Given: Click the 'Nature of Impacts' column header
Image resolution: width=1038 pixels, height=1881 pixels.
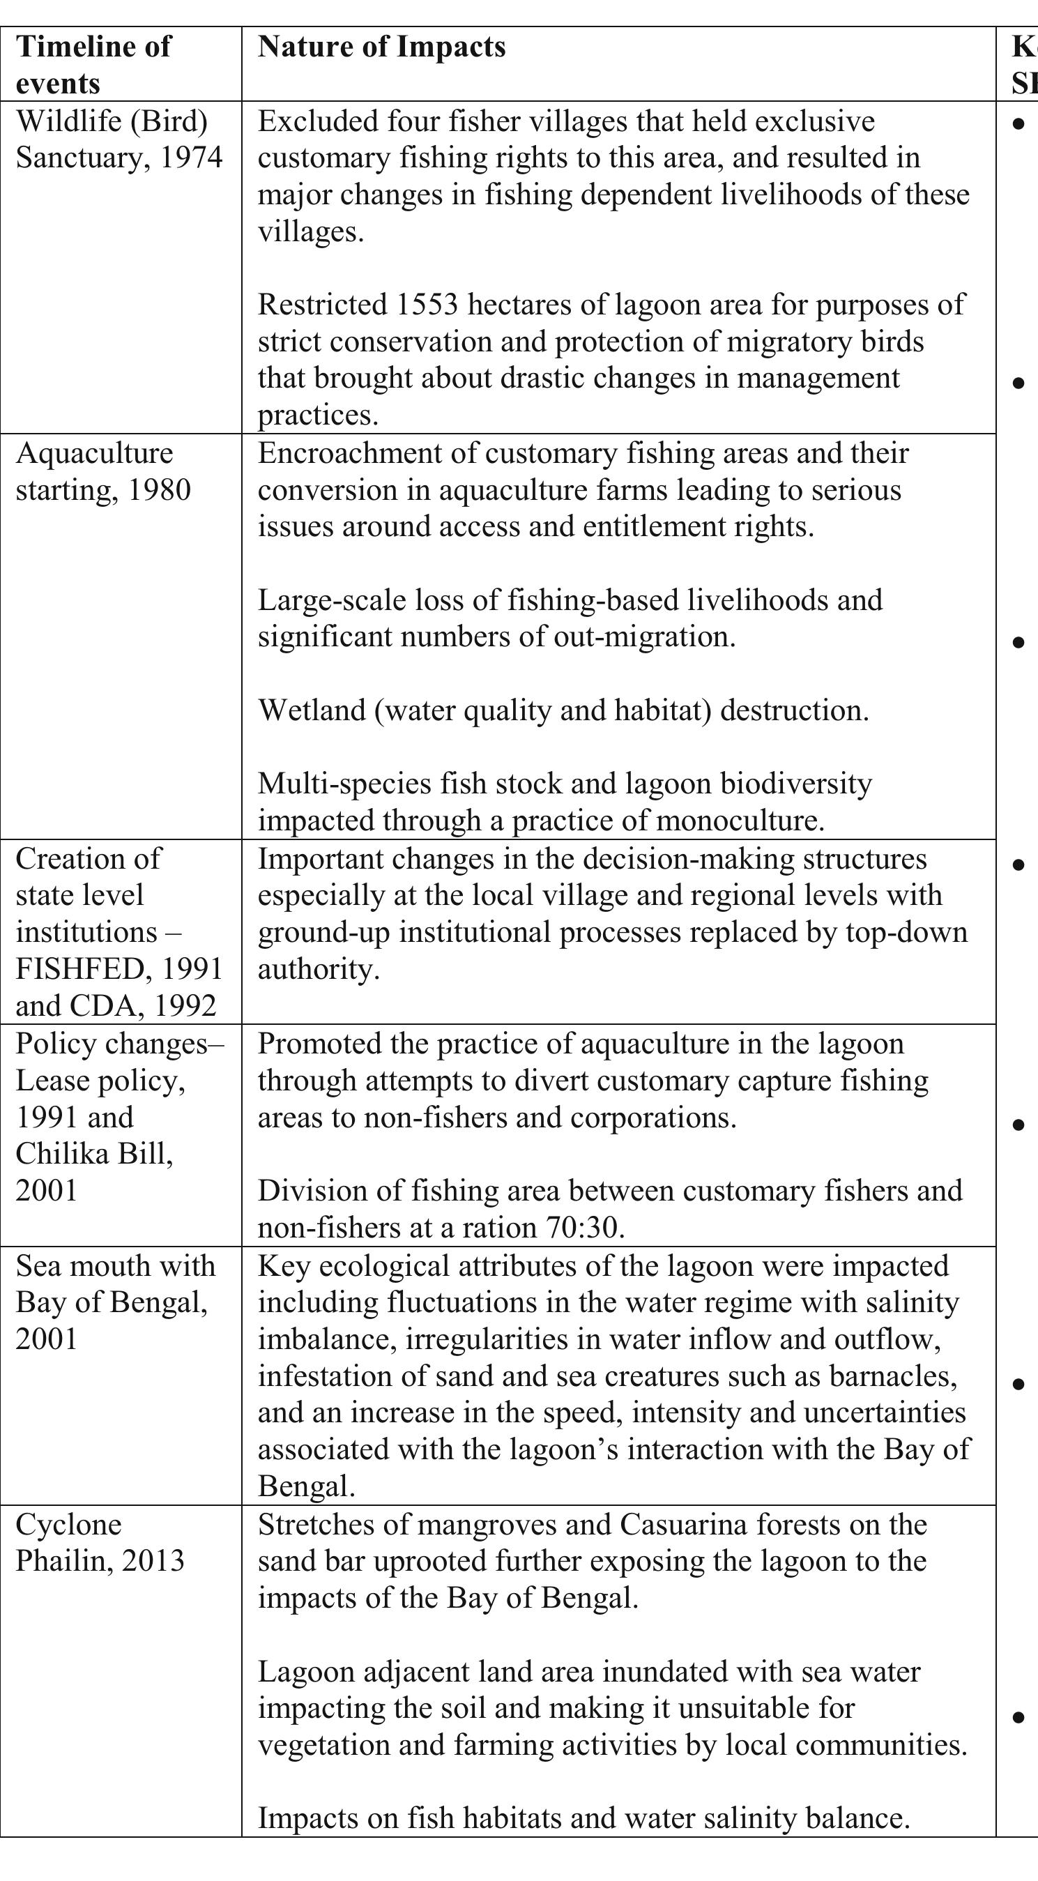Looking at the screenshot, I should tap(381, 47).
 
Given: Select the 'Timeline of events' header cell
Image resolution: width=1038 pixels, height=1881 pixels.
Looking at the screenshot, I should tap(93, 65).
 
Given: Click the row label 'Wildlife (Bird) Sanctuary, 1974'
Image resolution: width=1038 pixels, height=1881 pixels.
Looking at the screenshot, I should tap(119, 139).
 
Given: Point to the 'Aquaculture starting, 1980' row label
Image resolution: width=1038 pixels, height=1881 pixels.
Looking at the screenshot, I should tap(103, 471).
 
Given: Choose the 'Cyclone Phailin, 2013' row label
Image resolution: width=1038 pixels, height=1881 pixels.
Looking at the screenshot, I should tap(100, 1542).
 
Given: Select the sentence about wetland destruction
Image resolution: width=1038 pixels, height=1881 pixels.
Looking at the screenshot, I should tap(563, 710).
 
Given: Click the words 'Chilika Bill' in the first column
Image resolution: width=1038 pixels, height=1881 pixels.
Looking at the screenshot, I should tap(93, 1154).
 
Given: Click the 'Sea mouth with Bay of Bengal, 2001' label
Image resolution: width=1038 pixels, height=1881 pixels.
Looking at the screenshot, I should tap(115, 1302).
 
